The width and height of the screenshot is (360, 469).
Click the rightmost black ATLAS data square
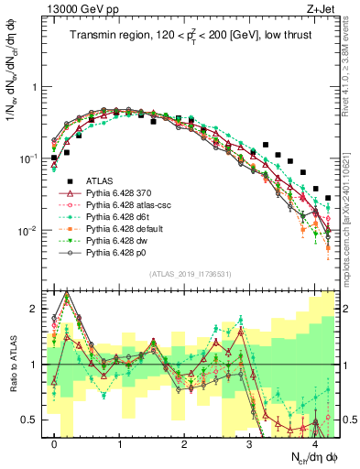click(x=328, y=197)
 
